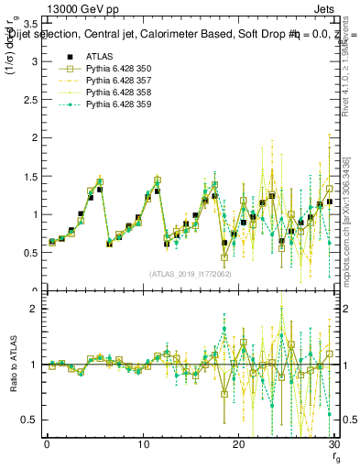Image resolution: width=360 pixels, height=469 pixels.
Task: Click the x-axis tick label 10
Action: tap(143, 444)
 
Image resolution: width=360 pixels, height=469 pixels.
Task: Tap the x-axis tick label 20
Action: tap(238, 444)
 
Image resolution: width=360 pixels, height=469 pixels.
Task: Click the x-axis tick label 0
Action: tap(47, 444)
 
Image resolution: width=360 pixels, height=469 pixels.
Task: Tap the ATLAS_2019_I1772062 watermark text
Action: tap(191, 273)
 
